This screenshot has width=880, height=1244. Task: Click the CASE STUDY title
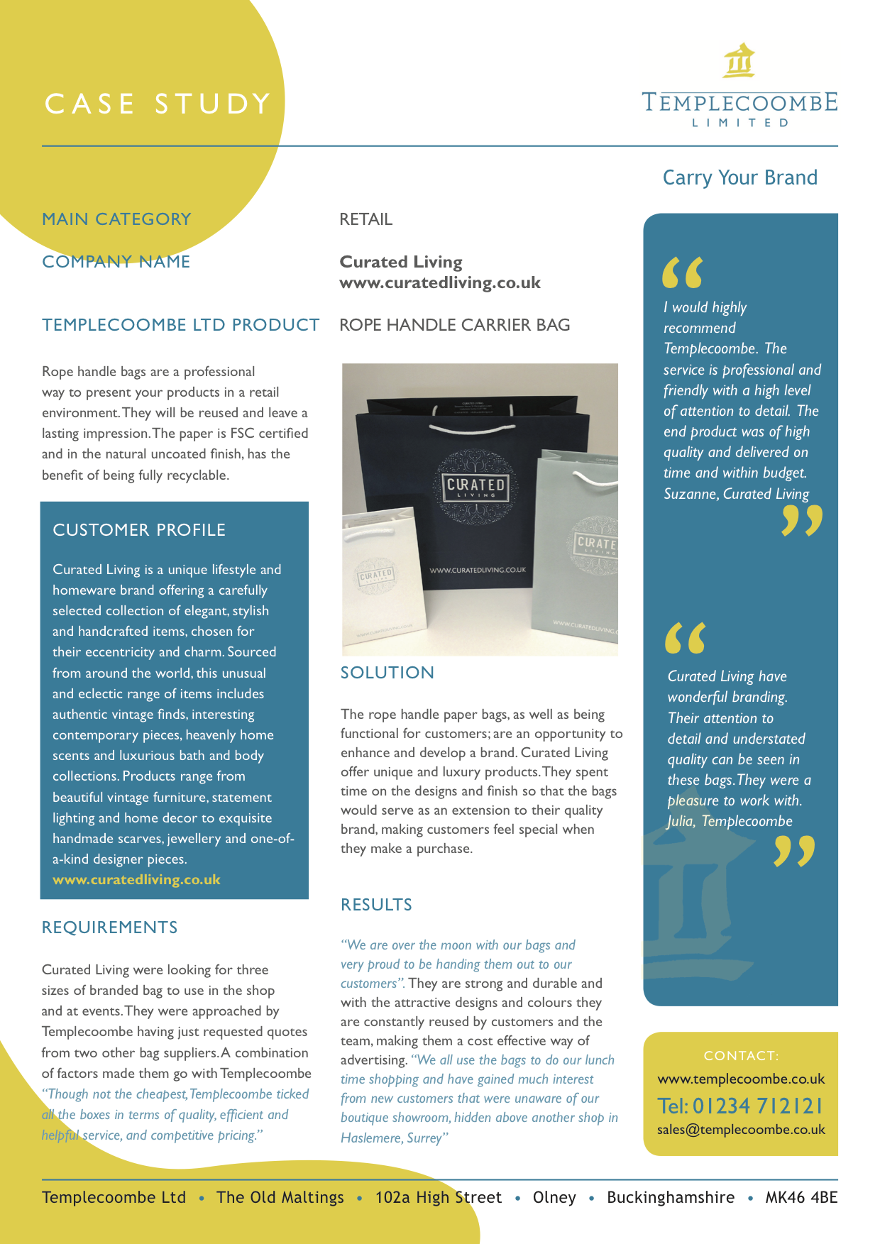click(x=158, y=104)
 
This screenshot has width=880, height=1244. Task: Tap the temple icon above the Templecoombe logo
click(x=739, y=60)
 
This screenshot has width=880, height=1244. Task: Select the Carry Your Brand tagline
click(x=739, y=177)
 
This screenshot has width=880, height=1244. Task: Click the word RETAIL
click(x=365, y=219)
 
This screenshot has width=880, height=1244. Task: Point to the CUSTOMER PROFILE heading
click(x=139, y=530)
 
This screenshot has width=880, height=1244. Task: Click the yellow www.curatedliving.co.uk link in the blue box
click(x=136, y=880)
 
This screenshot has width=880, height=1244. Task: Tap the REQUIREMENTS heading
click(x=110, y=928)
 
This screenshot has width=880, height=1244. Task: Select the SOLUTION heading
click(x=387, y=673)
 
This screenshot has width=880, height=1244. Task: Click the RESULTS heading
click(x=376, y=905)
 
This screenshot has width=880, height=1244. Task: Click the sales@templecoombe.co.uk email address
click(x=741, y=1130)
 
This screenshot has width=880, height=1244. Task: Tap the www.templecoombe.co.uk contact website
click(x=741, y=1079)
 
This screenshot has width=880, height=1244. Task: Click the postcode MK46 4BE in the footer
click(x=801, y=1198)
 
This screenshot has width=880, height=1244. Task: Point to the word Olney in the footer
click(x=554, y=1198)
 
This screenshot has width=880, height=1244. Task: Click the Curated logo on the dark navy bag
click(x=475, y=486)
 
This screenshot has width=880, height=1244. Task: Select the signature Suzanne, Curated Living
click(x=736, y=494)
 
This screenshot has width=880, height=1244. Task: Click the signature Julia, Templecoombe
click(x=730, y=821)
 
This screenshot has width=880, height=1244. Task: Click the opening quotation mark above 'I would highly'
click(x=682, y=273)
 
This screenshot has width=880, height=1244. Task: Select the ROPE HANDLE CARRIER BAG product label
click(x=454, y=325)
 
